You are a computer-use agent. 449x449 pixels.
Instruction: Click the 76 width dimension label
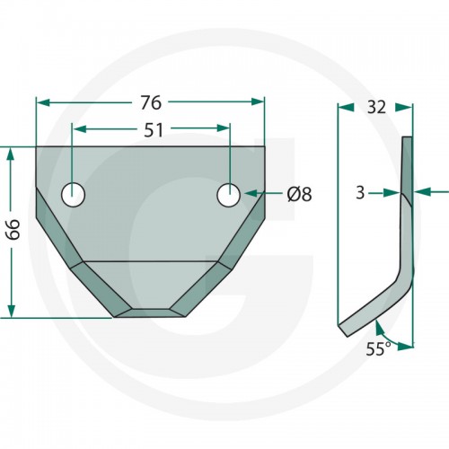(x=151, y=102)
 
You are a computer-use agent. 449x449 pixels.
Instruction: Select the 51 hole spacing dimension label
(x=154, y=130)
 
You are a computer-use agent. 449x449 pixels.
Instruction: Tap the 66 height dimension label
(x=13, y=229)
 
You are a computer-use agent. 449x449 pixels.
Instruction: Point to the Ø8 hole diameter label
(x=299, y=194)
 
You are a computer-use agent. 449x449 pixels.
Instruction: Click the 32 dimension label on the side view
(x=376, y=107)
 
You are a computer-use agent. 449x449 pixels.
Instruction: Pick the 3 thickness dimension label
(x=360, y=193)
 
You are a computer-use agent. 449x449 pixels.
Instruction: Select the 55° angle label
(x=378, y=348)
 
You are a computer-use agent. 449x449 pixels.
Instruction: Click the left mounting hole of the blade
(x=73, y=195)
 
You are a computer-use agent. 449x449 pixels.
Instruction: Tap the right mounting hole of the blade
(x=229, y=195)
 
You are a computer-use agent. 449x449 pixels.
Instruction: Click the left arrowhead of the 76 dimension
(x=42, y=102)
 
